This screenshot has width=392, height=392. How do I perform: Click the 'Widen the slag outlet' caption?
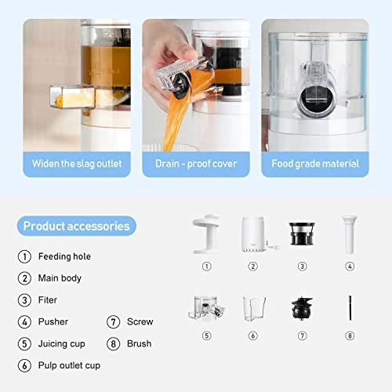76,164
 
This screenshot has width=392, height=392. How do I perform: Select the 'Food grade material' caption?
315,164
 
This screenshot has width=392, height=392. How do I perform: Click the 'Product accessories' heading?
76,227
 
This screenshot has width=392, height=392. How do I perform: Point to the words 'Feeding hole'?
64,256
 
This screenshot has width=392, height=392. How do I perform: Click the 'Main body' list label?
60,278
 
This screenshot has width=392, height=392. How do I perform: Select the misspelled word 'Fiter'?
49,299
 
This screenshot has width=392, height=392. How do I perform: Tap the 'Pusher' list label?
53,321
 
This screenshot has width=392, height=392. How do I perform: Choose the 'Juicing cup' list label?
62,343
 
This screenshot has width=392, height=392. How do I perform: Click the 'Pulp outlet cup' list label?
69,365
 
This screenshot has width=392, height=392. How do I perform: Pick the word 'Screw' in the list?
140,321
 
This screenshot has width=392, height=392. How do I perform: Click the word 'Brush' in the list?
139,343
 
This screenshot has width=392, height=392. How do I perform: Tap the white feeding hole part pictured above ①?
206,233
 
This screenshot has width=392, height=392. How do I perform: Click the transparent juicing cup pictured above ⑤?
206,307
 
